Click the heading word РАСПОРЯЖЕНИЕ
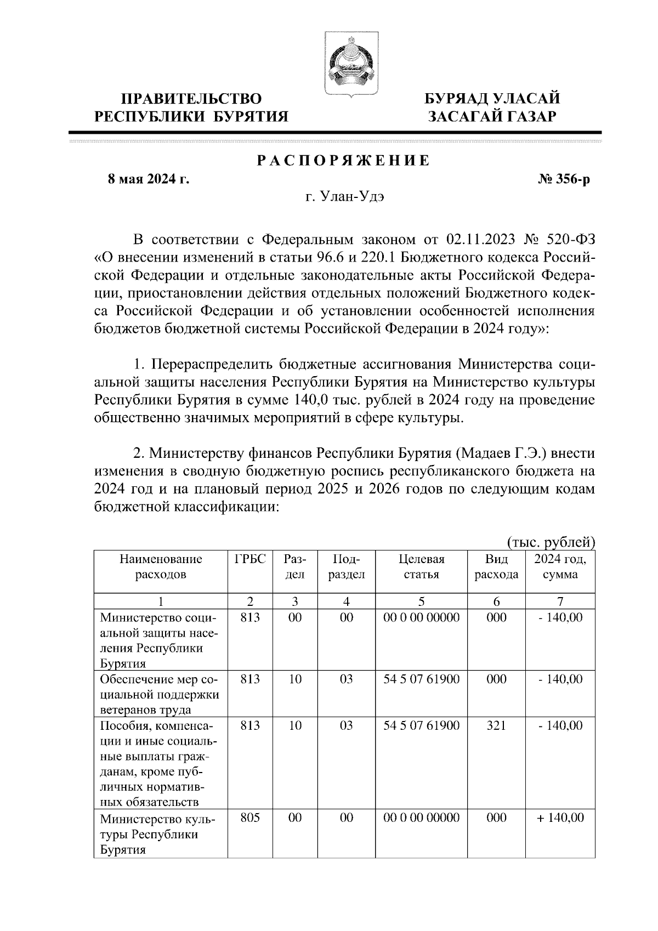(x=344, y=161)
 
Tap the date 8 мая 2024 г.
(x=148, y=179)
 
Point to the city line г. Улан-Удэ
(x=345, y=197)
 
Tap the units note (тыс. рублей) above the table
(x=551, y=542)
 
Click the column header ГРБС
(x=250, y=559)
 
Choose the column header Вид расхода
(x=496, y=567)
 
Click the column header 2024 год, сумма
(x=560, y=567)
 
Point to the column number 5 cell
(x=421, y=601)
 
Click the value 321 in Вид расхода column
(x=496, y=725)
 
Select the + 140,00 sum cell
(x=560, y=818)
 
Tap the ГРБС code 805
(x=250, y=818)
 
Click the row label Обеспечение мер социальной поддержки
(x=159, y=694)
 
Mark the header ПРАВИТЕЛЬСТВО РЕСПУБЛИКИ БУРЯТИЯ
(x=191, y=107)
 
